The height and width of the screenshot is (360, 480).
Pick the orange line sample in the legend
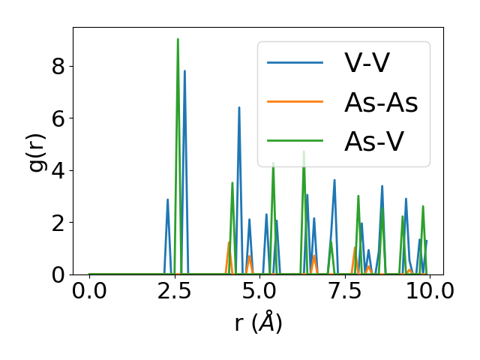pos(295,103)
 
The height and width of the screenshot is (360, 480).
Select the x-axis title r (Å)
pos(258,322)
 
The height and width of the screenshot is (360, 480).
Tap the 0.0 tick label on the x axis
pos(89,291)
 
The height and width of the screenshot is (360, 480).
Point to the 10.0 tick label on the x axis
pos(426,291)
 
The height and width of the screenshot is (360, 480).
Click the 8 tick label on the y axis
pos(58,66)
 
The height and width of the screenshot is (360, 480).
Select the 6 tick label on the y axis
pos(58,118)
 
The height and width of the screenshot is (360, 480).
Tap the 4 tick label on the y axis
pos(58,170)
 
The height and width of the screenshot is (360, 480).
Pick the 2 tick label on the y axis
pos(58,223)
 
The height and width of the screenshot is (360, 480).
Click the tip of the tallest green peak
pos(178,39)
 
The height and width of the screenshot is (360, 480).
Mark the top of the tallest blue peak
pos(184,71)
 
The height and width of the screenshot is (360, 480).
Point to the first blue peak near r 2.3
pos(167,199)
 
